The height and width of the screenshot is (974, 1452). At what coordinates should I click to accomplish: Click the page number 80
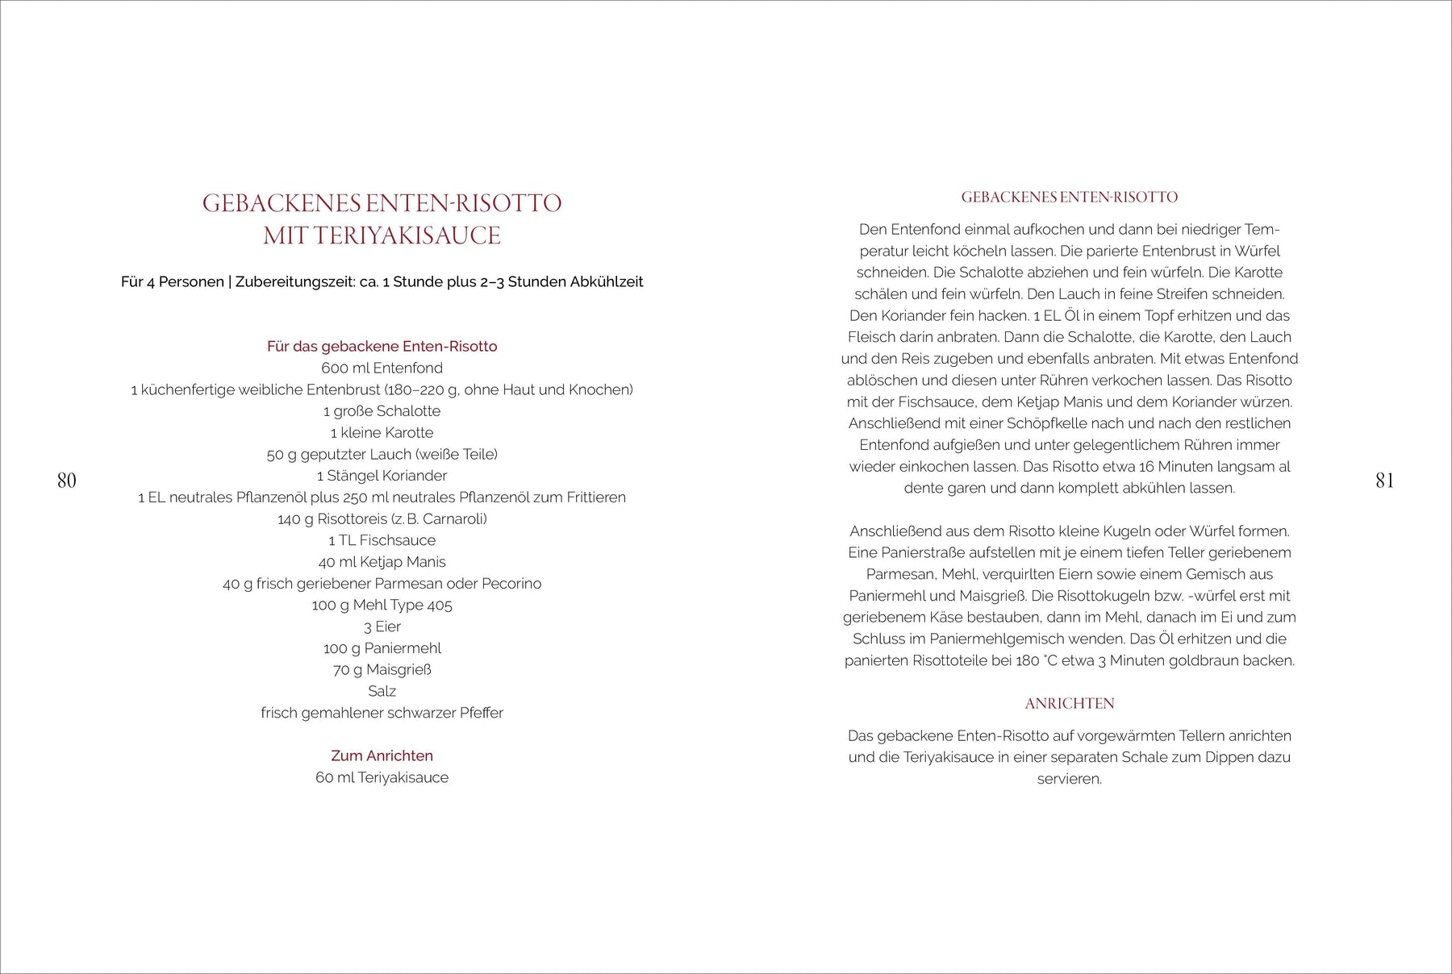tap(67, 481)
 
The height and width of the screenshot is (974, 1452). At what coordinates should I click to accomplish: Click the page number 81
tap(1384, 481)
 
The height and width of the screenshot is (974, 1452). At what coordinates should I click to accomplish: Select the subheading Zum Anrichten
tap(382, 755)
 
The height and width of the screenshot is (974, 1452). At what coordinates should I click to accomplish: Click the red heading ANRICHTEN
tap(1069, 704)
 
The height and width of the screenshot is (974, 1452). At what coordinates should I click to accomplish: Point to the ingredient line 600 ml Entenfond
tap(382, 368)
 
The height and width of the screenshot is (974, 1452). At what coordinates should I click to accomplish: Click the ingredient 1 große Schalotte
tap(382, 411)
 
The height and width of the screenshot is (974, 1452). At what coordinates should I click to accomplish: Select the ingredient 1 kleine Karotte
tap(382, 433)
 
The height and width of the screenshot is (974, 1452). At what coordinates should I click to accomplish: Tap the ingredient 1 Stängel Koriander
tap(382, 476)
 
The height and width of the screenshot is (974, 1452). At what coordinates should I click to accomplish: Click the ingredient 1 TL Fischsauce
tap(382, 540)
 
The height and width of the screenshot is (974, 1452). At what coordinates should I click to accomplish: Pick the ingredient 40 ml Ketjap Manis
tap(382, 562)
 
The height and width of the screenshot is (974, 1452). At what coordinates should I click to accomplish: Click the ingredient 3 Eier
tap(382, 626)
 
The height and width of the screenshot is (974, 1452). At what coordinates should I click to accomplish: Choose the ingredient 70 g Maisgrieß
tap(382, 669)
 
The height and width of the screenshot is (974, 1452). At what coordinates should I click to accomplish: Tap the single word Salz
tap(382, 691)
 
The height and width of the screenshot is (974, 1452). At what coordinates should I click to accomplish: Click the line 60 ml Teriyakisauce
tap(382, 777)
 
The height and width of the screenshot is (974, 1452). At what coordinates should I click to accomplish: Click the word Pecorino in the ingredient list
tap(511, 584)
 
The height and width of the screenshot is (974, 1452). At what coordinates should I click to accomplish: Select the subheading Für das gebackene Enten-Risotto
tap(382, 347)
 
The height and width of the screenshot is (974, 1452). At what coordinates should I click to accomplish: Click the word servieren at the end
tap(1069, 779)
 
